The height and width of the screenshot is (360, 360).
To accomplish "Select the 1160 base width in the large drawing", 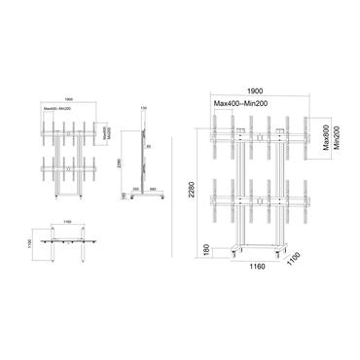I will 257,265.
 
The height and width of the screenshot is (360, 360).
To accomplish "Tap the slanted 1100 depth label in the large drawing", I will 298,260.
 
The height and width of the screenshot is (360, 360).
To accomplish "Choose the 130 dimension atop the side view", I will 143,108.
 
